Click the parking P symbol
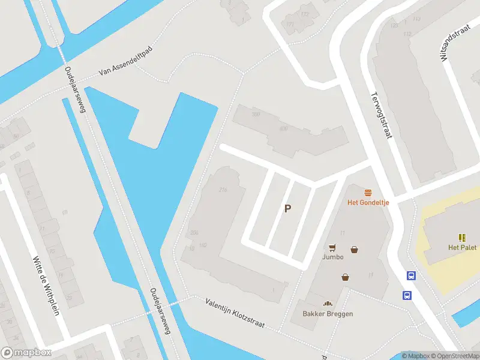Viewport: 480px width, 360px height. (288, 209)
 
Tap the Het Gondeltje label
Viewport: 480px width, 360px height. (368, 202)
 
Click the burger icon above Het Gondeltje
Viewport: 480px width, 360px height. (368, 193)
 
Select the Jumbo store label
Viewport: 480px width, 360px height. (332, 257)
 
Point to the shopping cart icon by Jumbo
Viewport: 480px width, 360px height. (332, 247)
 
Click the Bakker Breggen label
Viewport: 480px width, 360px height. (328, 314)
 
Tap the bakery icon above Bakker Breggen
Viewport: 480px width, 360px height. (328, 304)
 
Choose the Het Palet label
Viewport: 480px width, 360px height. (462, 247)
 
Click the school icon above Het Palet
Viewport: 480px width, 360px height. (462, 238)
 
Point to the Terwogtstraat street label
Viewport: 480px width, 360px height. (381, 115)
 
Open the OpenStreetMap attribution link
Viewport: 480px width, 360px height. (454, 356)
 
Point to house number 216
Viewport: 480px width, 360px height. (223, 190)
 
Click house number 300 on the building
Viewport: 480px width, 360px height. (256, 115)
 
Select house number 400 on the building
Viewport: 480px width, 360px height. (284, 128)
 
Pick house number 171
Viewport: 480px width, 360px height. (290, 25)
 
